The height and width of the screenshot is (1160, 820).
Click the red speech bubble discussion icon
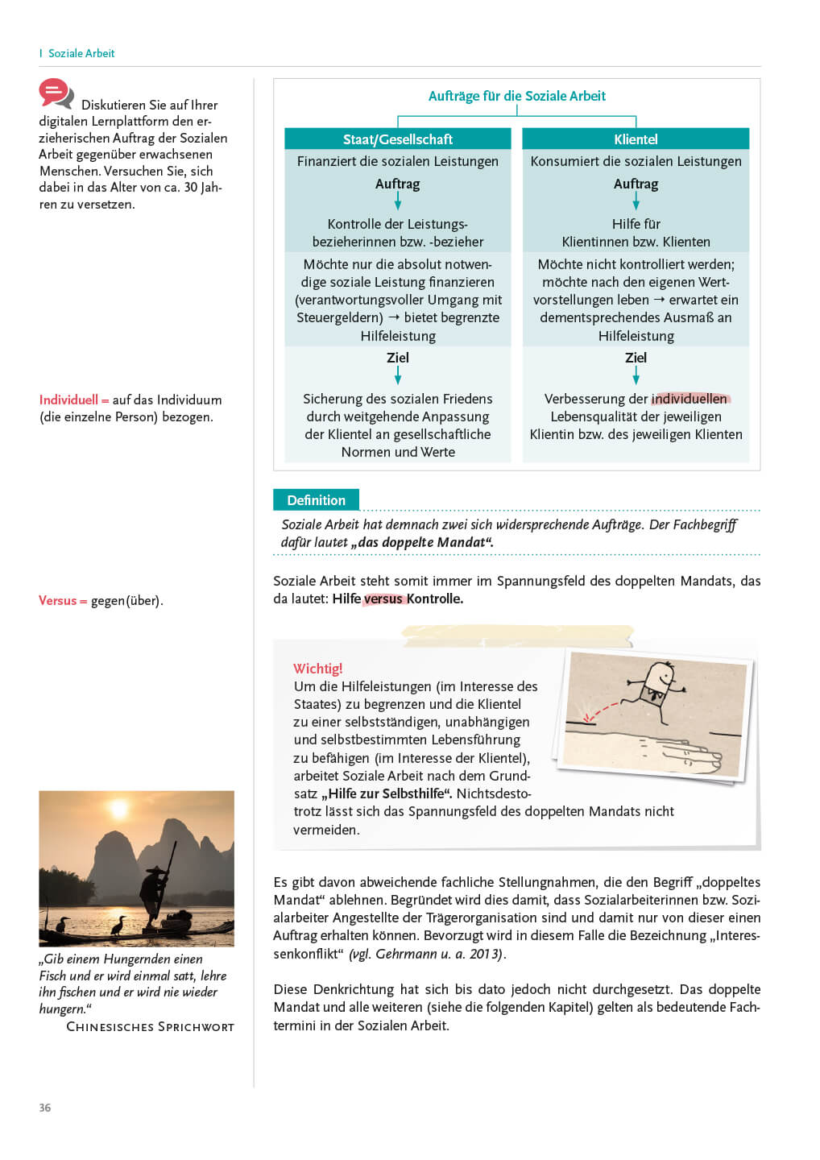tap(56, 93)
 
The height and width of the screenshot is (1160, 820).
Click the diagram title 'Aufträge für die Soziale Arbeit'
tap(516, 96)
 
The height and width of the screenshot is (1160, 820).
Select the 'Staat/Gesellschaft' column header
tap(397, 139)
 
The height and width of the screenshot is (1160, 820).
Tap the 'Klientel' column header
tap(636, 139)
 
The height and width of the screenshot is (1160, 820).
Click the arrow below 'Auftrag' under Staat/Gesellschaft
tap(397, 201)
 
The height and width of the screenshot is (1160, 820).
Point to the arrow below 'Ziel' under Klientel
tap(636, 376)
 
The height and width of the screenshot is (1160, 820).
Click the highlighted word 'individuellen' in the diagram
tap(690, 399)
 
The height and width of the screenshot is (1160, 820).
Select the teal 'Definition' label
tap(316, 500)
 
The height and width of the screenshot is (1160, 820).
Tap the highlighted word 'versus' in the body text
tap(383, 599)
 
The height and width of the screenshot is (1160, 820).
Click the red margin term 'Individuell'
tap(68, 400)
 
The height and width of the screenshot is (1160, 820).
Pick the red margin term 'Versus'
tap(58, 600)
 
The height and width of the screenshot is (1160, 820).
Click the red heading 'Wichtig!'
tap(317, 669)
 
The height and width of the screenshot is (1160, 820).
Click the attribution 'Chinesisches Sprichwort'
tap(150, 1027)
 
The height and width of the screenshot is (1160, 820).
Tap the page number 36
tap(45, 1108)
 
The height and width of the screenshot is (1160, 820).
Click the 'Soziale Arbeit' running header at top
tap(81, 53)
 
